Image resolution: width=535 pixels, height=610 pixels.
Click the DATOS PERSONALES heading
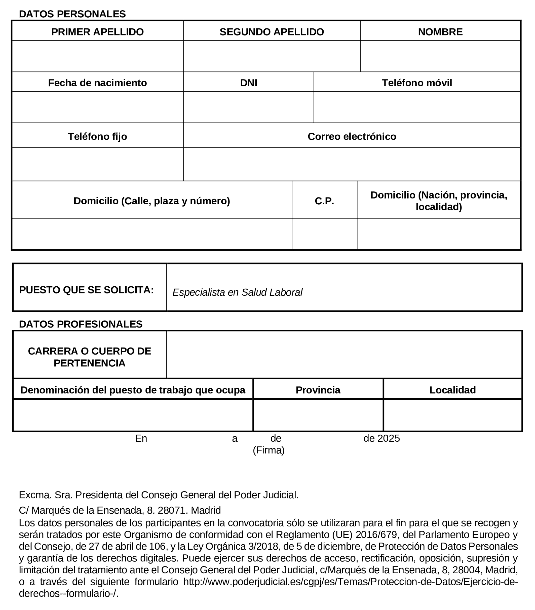point(72,14)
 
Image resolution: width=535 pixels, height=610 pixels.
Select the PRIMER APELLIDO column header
point(97,32)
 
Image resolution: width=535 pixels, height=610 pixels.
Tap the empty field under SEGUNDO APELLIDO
point(272,56)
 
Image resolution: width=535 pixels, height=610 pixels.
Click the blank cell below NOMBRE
point(440,56)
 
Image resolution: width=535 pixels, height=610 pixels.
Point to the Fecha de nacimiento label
point(97,83)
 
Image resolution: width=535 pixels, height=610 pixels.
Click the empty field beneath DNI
point(248,107)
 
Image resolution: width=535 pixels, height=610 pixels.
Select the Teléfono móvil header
point(416,83)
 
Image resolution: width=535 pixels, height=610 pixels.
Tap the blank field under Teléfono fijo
point(97,164)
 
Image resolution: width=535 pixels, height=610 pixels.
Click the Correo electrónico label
point(352,136)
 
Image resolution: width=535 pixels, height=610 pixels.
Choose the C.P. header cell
point(324,201)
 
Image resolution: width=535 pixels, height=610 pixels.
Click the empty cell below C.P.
point(324,234)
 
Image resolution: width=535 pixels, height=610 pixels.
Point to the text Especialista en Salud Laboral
point(237,292)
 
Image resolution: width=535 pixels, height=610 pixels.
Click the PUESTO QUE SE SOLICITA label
point(87,290)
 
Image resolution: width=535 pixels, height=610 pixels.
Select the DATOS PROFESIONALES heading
point(81,324)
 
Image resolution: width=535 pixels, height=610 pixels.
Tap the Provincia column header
point(318,390)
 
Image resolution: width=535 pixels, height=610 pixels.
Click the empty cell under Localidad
point(452,415)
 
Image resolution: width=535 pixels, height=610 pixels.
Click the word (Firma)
point(268,450)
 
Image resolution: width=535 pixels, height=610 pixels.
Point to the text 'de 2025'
point(381,438)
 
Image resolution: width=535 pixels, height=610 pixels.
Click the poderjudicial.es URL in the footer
point(350,582)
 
